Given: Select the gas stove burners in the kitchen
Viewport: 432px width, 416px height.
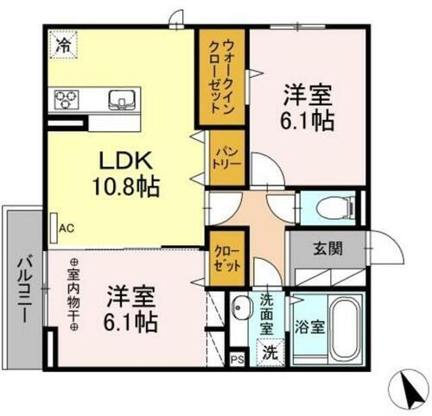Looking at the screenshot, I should click(x=67, y=99).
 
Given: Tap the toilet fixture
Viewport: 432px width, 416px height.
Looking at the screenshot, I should click(x=333, y=208).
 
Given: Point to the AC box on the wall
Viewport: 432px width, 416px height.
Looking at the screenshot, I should click(x=67, y=229).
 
